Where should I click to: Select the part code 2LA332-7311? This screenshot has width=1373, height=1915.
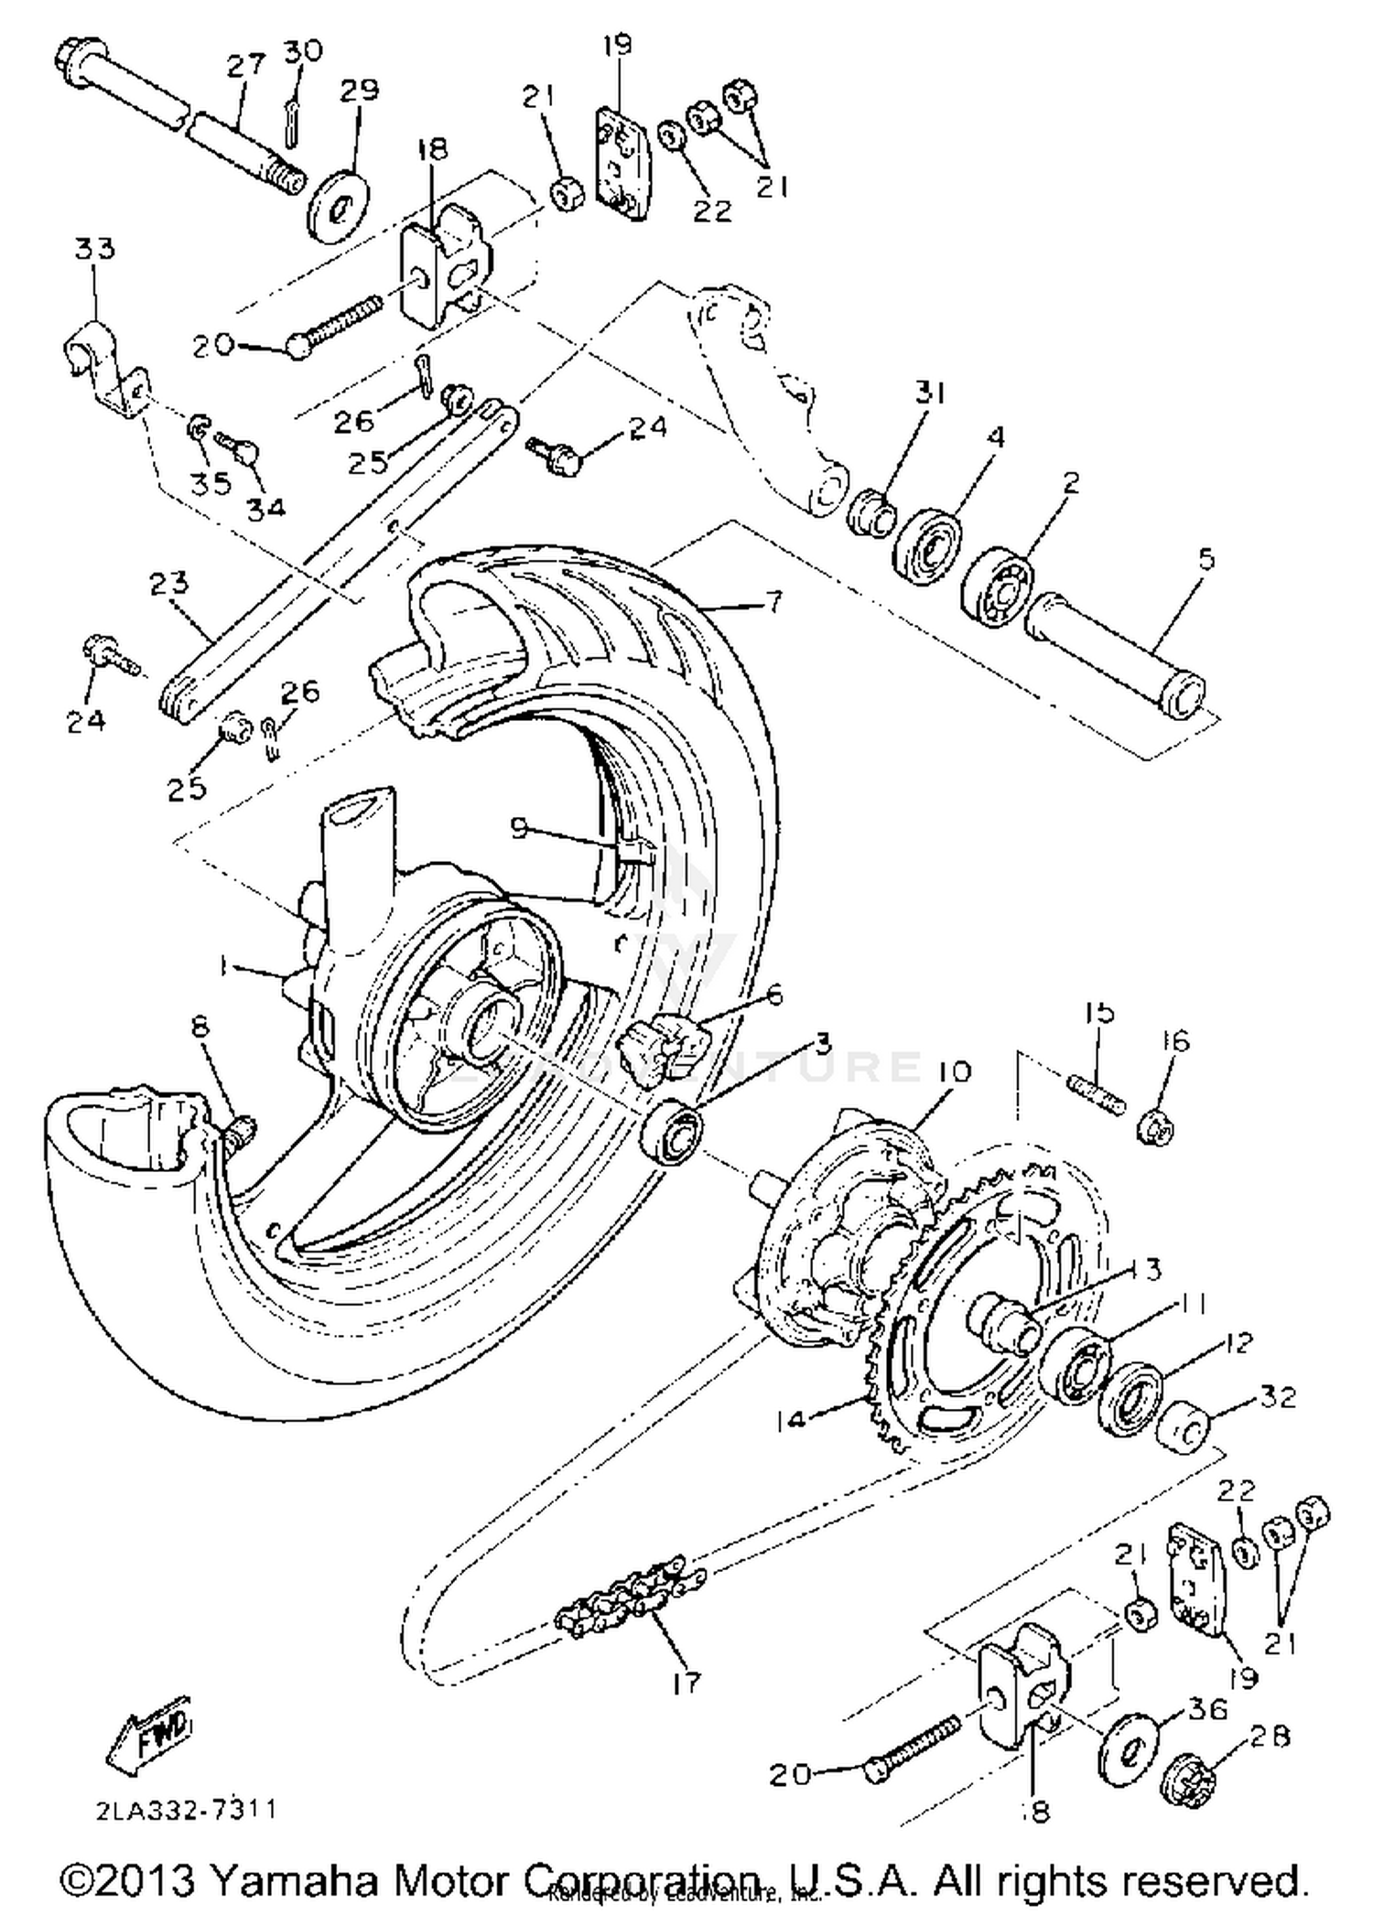click(185, 1809)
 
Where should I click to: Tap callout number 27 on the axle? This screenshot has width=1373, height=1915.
click(245, 65)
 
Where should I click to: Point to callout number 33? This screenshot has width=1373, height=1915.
click(95, 248)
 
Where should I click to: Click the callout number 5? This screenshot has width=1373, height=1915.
click(1205, 558)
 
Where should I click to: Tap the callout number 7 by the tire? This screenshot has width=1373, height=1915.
click(773, 604)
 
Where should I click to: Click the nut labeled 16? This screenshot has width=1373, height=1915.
click(1155, 1127)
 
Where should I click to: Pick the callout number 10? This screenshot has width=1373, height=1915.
click(952, 1070)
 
